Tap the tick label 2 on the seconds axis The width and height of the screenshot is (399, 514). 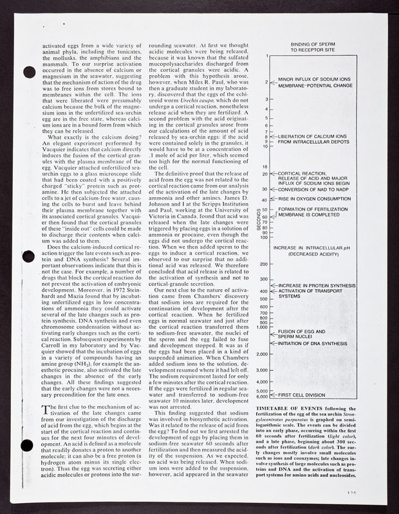(266, 83)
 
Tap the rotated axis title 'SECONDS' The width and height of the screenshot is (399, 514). (258, 221)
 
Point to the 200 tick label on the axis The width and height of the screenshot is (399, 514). (263, 264)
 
